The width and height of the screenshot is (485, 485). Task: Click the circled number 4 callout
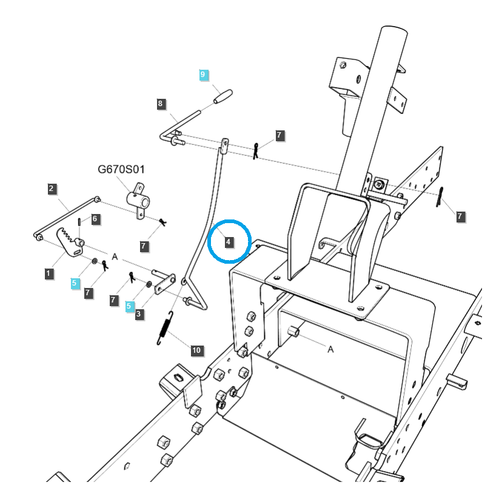(x=229, y=242)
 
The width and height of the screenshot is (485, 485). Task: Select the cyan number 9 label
(x=204, y=75)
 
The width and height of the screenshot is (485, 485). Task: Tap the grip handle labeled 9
(x=222, y=96)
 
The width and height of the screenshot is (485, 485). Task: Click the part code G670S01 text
(x=121, y=169)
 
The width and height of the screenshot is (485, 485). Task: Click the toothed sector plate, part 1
(x=70, y=241)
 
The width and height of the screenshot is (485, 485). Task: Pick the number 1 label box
(x=48, y=274)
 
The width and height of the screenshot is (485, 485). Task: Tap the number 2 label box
(x=52, y=189)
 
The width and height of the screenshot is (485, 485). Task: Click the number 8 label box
(x=161, y=104)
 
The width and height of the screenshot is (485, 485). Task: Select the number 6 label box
(x=95, y=219)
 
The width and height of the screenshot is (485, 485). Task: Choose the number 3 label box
(x=139, y=314)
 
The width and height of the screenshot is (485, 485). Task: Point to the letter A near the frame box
(x=330, y=349)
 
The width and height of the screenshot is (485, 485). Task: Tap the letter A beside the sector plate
(x=114, y=256)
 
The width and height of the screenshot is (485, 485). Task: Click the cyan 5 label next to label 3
(x=129, y=306)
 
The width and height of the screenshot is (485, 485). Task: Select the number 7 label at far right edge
(x=460, y=216)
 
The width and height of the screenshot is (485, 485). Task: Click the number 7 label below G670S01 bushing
(x=144, y=246)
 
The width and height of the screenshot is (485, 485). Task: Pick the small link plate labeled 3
(x=164, y=283)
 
